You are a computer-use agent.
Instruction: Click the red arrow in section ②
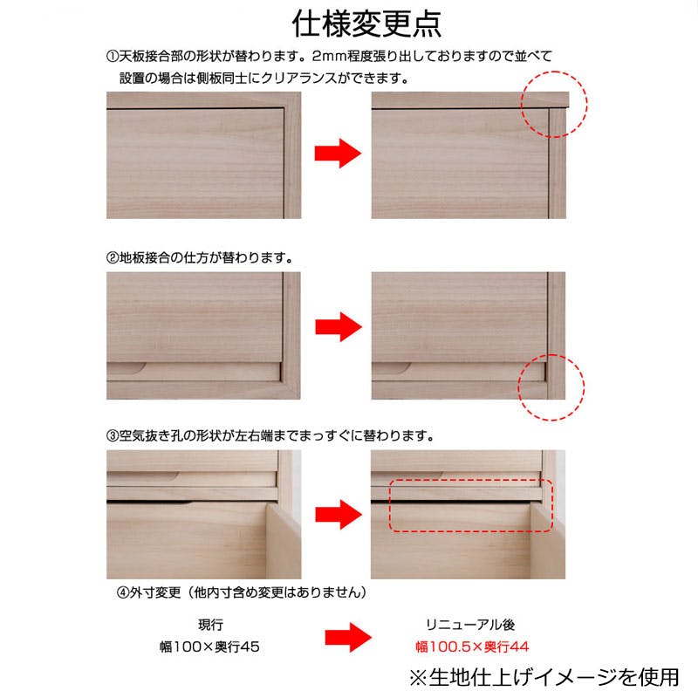337,327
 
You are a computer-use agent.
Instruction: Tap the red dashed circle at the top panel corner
554,104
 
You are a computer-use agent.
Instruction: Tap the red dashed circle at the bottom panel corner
551,385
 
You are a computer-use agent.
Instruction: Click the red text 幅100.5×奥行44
471,647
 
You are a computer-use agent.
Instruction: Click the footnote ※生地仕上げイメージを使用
543,676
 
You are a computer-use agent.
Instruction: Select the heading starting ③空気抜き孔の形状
270,434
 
